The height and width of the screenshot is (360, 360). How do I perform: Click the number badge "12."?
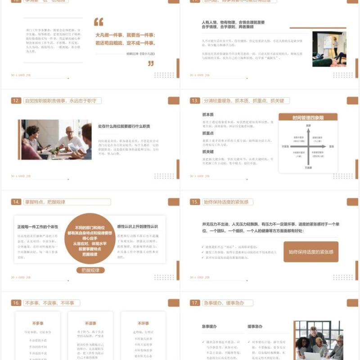coord(17,101)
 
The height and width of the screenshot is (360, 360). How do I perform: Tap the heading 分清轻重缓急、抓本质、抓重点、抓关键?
coord(246,101)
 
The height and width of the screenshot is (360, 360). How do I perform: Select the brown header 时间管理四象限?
coord(308,118)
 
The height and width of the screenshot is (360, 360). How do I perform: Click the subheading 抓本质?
coord(208,115)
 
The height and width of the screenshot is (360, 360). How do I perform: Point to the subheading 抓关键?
coord(208,152)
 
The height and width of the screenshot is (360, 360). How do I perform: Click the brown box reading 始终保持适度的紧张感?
coord(311,252)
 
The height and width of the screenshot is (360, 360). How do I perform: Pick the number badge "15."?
coord(195,202)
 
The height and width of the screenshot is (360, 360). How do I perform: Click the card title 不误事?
coord(90,323)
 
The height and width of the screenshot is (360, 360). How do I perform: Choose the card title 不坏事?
coord(143,323)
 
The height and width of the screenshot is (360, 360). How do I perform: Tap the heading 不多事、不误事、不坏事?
coord(51,303)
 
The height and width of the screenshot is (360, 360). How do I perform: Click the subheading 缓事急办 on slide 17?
coord(255,326)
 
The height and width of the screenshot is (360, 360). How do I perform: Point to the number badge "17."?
coord(195,303)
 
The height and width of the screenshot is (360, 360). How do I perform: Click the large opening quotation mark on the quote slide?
coord(99,22)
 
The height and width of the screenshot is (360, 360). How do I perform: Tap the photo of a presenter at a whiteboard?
coord(329,49)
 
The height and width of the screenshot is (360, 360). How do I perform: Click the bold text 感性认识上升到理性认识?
coord(137,226)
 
